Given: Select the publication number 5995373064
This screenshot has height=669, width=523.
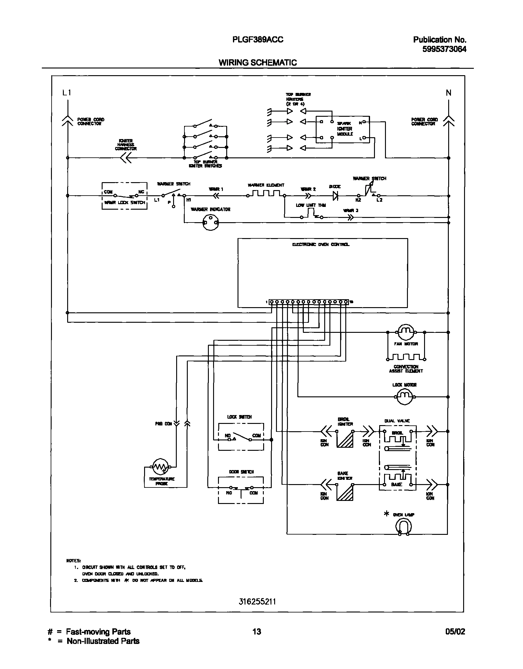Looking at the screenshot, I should [x=444, y=49].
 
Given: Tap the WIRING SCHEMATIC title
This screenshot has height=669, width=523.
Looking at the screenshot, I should [x=257, y=63].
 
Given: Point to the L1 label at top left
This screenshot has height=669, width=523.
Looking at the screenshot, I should [x=67, y=93].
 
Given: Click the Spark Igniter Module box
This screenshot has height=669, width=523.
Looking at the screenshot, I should [x=342, y=129].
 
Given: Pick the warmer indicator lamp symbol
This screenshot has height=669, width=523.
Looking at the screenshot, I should [x=211, y=222].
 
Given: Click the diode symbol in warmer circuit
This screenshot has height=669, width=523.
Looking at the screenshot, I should [x=335, y=196].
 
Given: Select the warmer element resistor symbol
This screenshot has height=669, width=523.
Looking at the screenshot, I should [x=266, y=193].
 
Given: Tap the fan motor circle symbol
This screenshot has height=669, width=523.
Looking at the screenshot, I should [x=406, y=332].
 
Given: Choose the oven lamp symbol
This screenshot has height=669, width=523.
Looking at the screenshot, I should [x=403, y=527].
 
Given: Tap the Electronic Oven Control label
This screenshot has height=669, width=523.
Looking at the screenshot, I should [x=321, y=244].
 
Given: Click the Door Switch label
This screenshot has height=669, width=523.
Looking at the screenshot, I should [x=241, y=472].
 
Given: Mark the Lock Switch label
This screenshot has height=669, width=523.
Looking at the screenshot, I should [x=239, y=417].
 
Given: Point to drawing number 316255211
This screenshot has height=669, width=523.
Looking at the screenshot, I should [x=257, y=601].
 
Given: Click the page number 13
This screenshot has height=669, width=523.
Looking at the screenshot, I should [x=256, y=631].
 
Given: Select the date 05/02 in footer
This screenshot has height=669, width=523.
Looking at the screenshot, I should [x=455, y=631].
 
